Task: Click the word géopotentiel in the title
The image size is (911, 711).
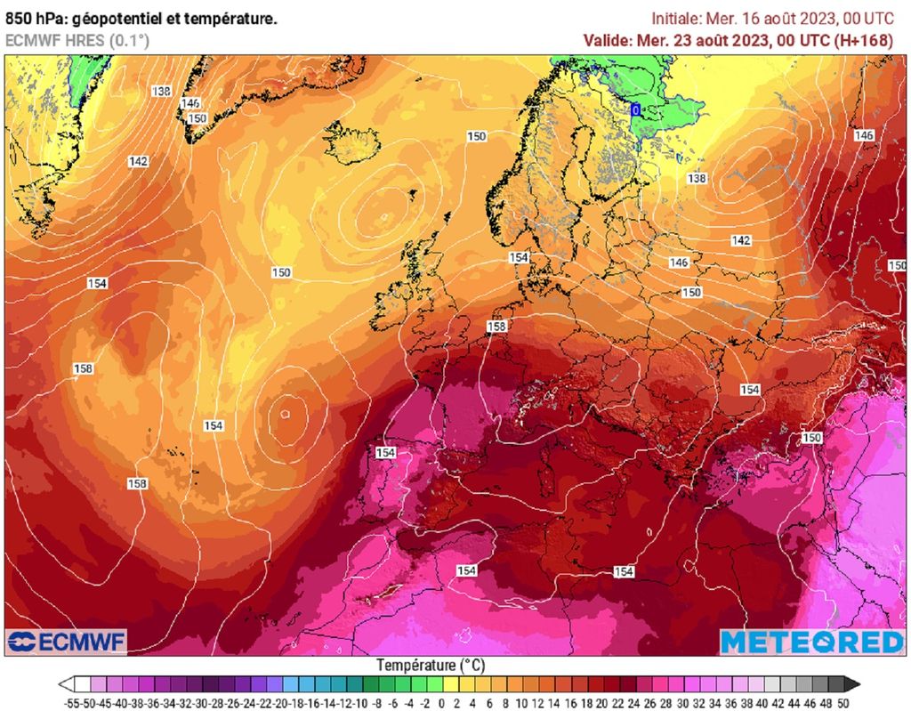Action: click(x=105, y=17)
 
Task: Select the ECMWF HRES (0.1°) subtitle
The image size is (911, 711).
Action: click(x=77, y=40)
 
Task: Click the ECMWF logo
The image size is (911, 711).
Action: click(x=67, y=642)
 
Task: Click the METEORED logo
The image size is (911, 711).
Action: click(x=811, y=642)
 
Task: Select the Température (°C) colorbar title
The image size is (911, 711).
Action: click(x=430, y=665)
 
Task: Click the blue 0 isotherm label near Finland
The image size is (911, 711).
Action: click(x=635, y=109)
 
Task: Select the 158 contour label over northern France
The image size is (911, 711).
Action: click(x=496, y=327)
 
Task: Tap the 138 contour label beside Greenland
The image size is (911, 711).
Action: click(x=161, y=91)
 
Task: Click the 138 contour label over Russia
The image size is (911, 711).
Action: click(x=697, y=178)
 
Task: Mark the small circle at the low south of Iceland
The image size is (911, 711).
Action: click(x=383, y=215)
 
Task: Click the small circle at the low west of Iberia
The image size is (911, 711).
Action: click(x=285, y=413)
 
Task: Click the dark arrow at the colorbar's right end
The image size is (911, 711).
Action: click(x=851, y=684)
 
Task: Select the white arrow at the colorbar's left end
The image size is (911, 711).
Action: click(x=66, y=684)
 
